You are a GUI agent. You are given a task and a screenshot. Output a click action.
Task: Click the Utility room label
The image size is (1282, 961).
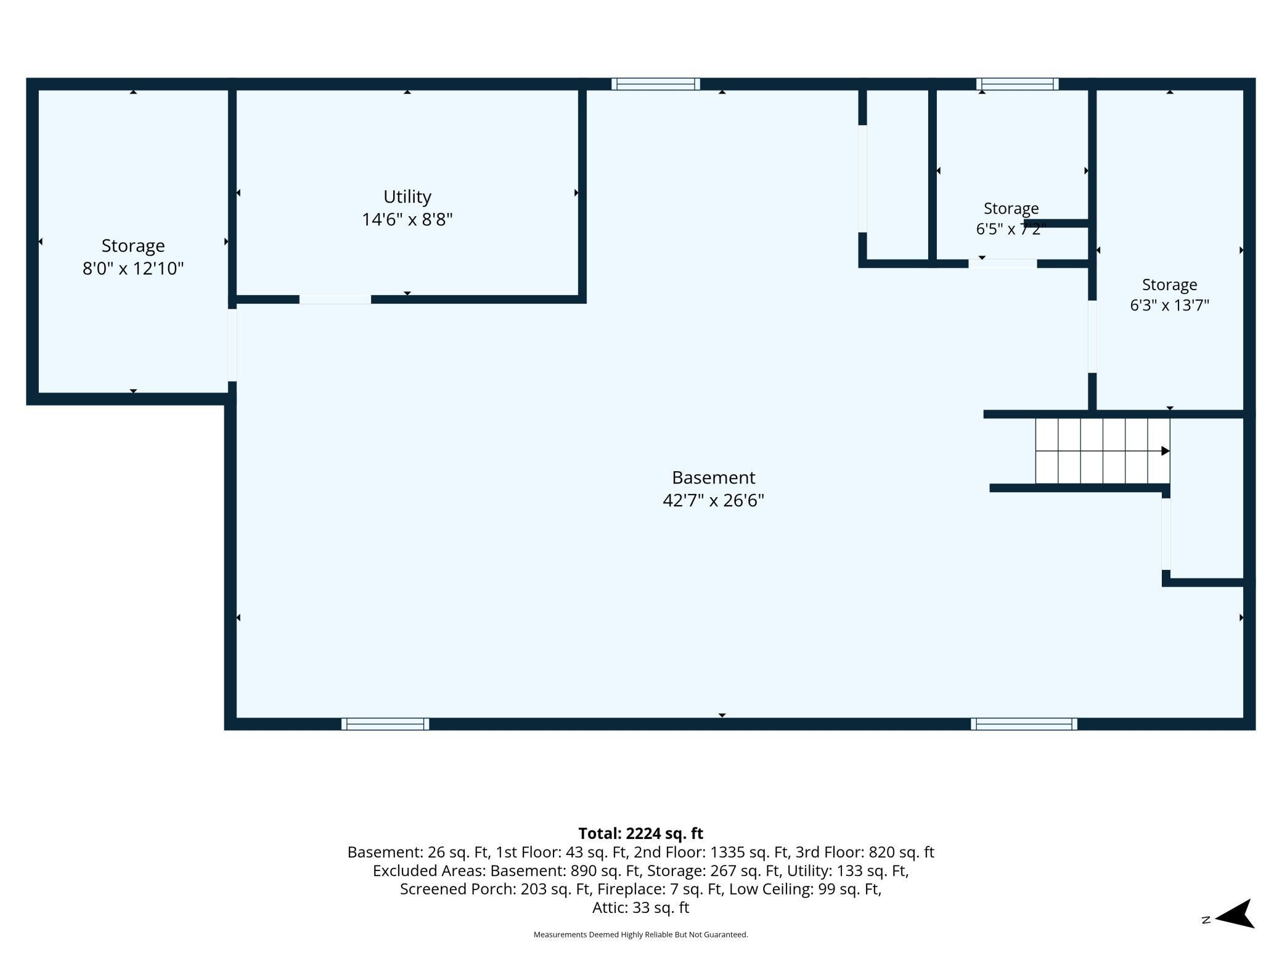407,197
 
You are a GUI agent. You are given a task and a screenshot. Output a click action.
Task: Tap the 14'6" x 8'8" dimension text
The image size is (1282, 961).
407,219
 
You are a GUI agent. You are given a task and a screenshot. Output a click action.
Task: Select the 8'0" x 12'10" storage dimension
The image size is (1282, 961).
133,269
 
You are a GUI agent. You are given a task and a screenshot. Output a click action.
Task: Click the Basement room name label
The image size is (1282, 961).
714,477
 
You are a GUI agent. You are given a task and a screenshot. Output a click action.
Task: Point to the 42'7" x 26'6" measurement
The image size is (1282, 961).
714,500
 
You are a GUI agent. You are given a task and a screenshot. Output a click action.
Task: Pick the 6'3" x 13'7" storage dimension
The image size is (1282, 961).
1170,305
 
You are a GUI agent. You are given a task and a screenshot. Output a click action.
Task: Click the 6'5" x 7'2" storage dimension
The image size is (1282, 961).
1011,229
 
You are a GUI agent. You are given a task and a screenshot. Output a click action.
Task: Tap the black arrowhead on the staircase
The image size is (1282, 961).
1166,451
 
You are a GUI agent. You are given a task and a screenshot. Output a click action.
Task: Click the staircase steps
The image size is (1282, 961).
1103,451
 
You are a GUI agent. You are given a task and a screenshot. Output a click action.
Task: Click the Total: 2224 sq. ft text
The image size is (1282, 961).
641,833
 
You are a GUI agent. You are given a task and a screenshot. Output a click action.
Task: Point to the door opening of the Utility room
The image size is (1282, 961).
335,299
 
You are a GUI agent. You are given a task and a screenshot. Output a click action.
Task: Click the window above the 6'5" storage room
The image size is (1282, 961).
1018,84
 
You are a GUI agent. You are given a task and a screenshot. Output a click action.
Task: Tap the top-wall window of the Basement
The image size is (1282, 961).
656,84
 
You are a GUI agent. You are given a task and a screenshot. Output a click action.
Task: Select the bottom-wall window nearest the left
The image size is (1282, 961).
385,724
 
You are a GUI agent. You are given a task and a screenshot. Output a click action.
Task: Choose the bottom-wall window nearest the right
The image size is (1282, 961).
1024,724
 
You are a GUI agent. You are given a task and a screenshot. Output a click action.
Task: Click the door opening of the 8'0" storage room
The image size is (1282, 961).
232,345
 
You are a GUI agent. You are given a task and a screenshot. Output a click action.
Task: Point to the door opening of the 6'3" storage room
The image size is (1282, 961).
1092,336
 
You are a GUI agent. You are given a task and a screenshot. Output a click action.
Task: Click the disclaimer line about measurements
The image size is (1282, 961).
641,935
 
